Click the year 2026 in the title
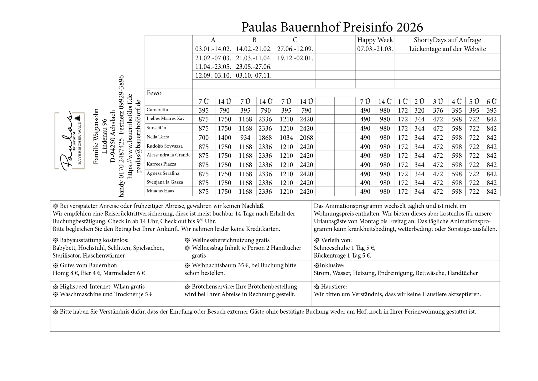[409, 27]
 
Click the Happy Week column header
[375, 40]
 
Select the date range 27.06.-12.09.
[295, 49]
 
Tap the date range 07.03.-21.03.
[375, 49]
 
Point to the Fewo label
[154, 93]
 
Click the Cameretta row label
[157, 110]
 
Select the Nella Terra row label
[158, 137]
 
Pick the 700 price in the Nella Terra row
[204, 138]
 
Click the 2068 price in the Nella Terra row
[306, 138]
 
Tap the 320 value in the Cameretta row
[419, 111]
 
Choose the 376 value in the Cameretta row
[438, 111]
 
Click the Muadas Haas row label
[160, 191]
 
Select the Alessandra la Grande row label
[168, 155]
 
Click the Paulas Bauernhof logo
[69, 141]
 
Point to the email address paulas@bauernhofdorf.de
[139, 136]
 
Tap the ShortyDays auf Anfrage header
[447, 40]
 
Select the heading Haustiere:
[334, 287]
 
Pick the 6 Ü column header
[492, 102]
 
